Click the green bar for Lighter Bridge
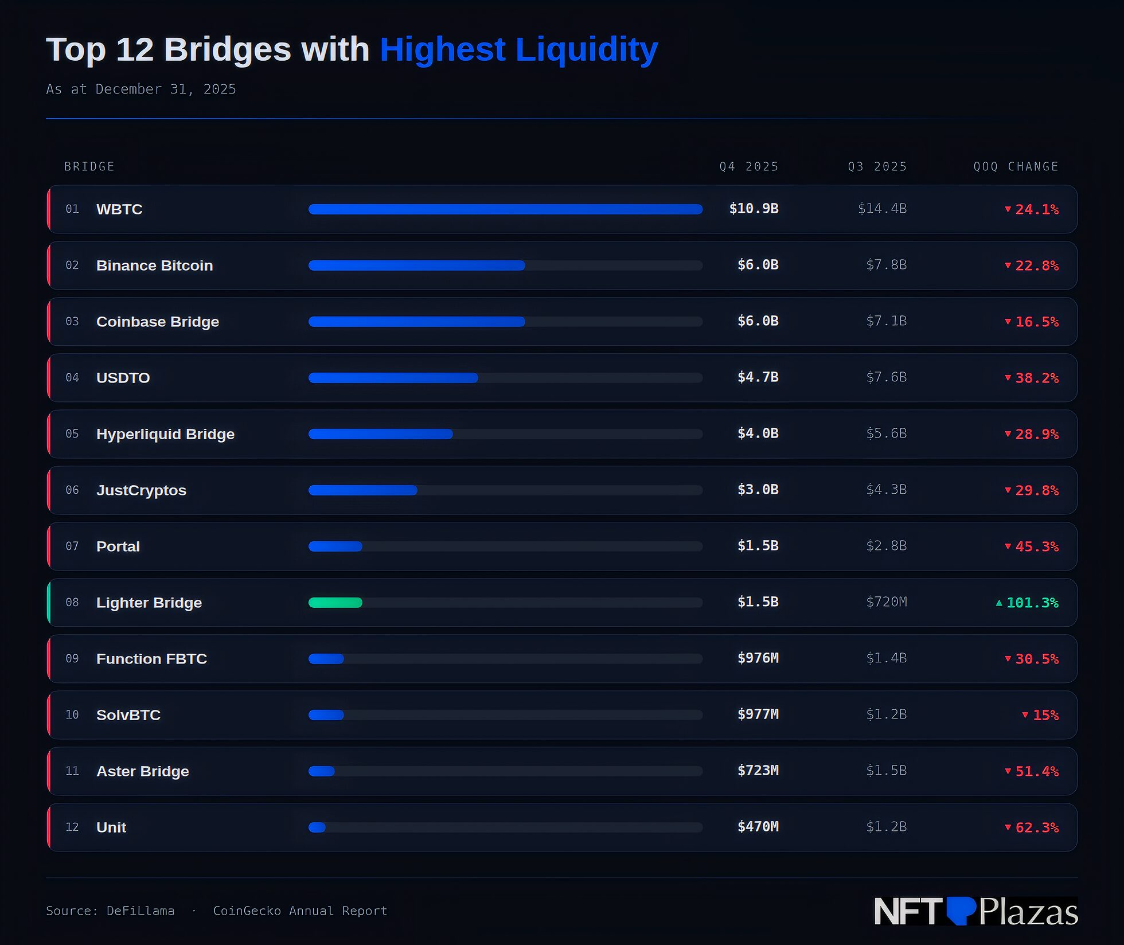[335, 602]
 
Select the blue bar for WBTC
[505, 209]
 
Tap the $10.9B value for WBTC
[753, 209]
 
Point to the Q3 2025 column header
[877, 166]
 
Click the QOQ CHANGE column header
[1016, 166]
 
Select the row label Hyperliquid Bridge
[165, 434]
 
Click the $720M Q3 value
[886, 602]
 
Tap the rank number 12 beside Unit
[72, 827]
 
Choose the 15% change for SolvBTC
[1044, 715]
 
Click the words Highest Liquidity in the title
[518, 49]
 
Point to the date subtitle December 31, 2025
[165, 89]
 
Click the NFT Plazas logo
[975, 911]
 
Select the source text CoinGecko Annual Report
[300, 911]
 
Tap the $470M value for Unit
[758, 827]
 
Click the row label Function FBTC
[151, 659]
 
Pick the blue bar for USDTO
[393, 378]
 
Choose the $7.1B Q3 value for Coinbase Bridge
[886, 321]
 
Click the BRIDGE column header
[89, 166]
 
